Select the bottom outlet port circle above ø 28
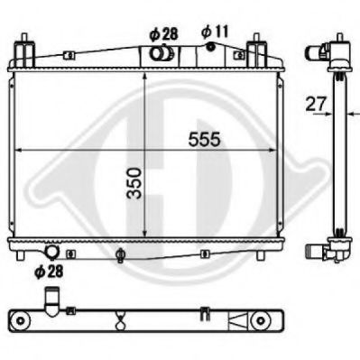click(51, 253)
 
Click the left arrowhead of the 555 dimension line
click(23, 148)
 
